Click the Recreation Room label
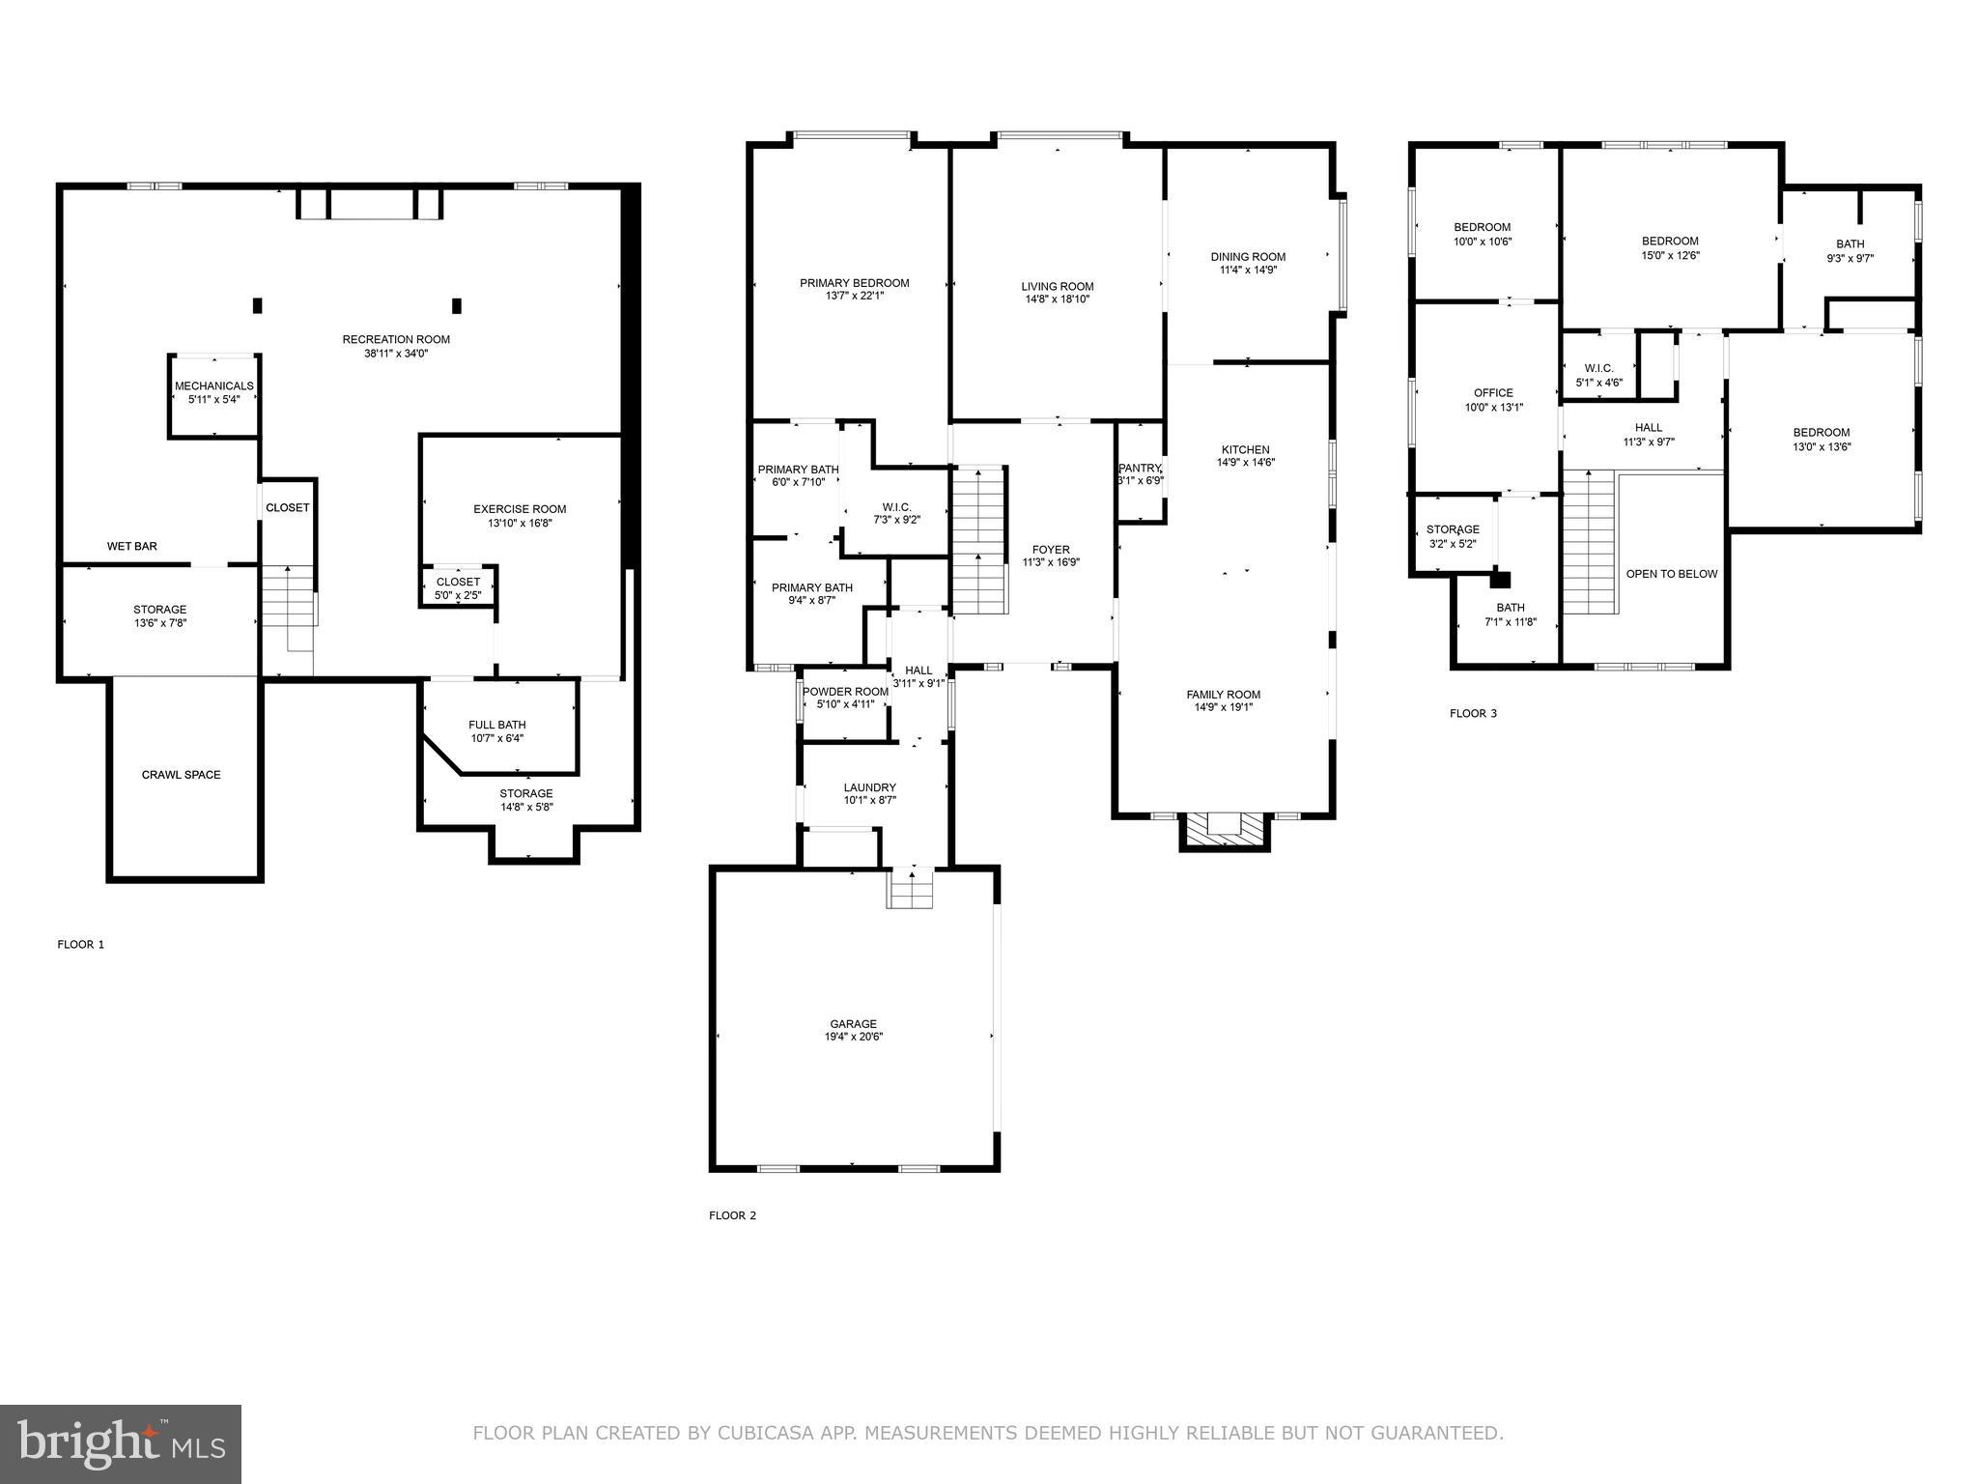coord(396,339)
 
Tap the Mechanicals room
coord(213,393)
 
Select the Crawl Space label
coord(182,775)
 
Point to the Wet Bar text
coord(132,547)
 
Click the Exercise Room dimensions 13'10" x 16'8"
coord(520,524)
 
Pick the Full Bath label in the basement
coord(497,725)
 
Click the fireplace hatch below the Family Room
coord(1225,828)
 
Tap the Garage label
coord(854,1024)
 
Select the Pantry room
coord(1140,473)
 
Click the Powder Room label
coord(845,692)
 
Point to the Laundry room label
coord(869,787)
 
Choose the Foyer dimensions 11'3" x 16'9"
coord(1051,562)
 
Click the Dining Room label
coord(1248,257)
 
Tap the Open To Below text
coord(1672,574)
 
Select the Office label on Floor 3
coord(1493,393)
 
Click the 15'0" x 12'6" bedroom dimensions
coord(1670,256)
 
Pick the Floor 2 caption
coord(732,1215)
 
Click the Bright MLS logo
coord(121,1443)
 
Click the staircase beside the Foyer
coord(979,541)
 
